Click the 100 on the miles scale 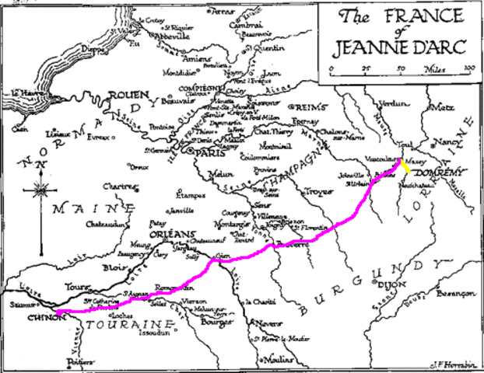tap(468, 69)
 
